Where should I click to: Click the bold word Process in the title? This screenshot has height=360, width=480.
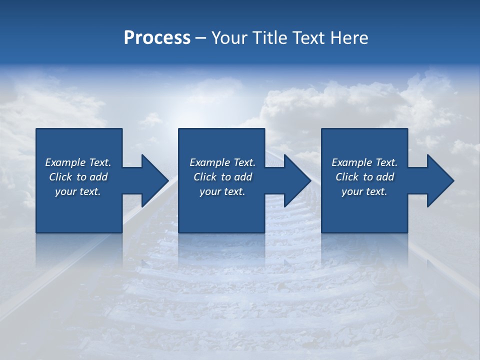pyautogui.click(x=157, y=38)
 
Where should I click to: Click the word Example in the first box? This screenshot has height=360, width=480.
pyautogui.click(x=65, y=162)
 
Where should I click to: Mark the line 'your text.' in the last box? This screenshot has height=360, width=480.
pyautogui.click(x=364, y=191)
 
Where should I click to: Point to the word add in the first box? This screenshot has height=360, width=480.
pyautogui.click(x=98, y=177)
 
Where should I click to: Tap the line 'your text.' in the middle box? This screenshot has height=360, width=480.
pyautogui.click(x=222, y=191)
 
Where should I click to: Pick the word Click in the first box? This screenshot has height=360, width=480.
pyautogui.click(x=61, y=177)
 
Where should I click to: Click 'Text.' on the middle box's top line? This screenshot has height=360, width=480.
pyautogui.click(x=243, y=162)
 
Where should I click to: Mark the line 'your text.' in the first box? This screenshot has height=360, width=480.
pyautogui.click(x=77, y=191)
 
